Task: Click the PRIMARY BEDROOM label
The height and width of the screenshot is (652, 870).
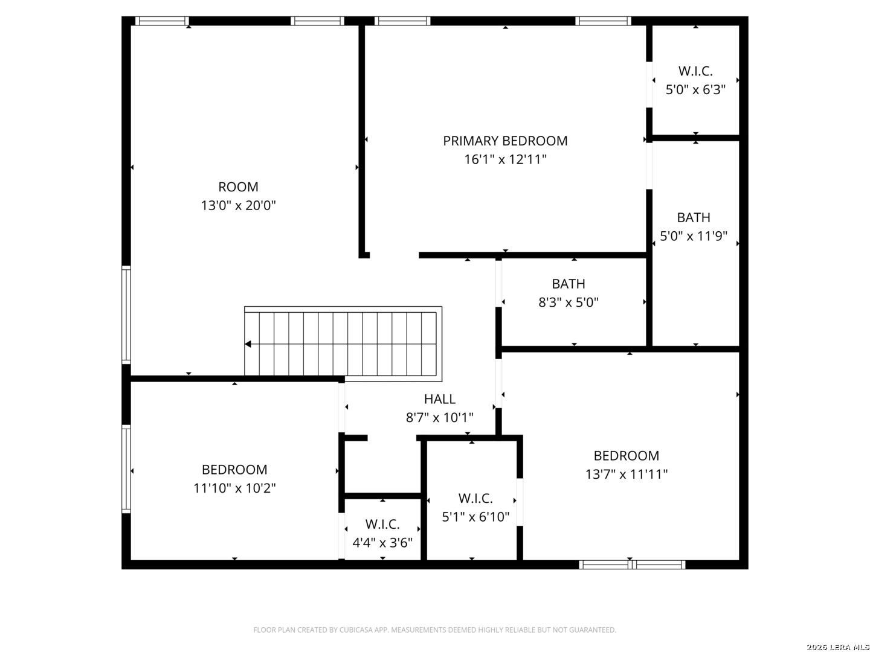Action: coord(505,141)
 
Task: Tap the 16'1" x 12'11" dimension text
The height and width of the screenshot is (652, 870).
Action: coord(505,159)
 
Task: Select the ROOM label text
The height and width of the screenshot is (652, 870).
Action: coord(238,187)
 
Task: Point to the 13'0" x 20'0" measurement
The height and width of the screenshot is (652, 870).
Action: coord(238,205)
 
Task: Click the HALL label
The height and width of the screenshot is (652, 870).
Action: coord(440,399)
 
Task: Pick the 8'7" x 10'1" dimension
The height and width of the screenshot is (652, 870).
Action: coord(440,418)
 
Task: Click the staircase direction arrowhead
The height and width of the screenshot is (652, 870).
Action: coord(248,344)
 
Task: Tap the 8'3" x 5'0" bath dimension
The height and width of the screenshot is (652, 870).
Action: coord(568,302)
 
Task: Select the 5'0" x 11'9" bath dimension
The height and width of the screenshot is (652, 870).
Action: coord(693,236)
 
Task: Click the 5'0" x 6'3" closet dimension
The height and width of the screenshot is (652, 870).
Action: coord(695,90)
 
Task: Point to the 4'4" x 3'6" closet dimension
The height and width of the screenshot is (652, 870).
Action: coord(382,543)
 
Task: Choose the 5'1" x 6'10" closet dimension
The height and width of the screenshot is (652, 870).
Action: coord(475,517)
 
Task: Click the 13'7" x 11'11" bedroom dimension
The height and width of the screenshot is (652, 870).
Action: coord(627,475)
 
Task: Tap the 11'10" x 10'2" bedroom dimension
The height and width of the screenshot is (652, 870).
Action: coord(234,488)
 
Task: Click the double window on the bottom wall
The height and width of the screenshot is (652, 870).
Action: coord(632,564)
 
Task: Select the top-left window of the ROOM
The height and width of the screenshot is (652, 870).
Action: coord(162,21)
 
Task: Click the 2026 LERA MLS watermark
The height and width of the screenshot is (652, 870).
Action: coord(837,647)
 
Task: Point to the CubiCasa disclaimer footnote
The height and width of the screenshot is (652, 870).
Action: coord(434,630)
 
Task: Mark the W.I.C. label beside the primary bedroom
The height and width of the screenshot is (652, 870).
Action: coord(695,71)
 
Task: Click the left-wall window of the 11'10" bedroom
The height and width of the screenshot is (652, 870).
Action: coord(126,468)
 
